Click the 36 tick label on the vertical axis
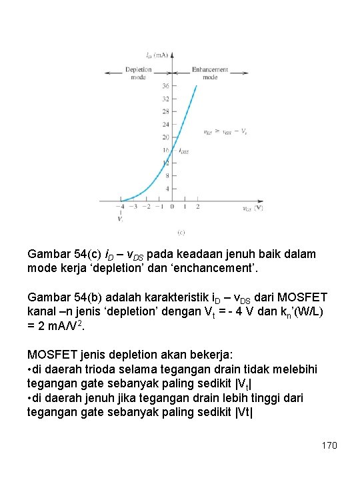click(165, 86)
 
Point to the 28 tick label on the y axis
click(165, 111)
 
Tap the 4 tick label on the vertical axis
click(167, 189)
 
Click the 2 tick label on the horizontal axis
click(198, 207)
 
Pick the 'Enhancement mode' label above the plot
click(209, 73)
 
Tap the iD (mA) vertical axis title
click(157, 54)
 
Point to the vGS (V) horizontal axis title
click(253, 207)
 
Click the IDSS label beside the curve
click(183, 151)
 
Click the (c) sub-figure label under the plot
click(180, 232)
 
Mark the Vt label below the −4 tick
click(120, 219)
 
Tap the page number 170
click(329, 445)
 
